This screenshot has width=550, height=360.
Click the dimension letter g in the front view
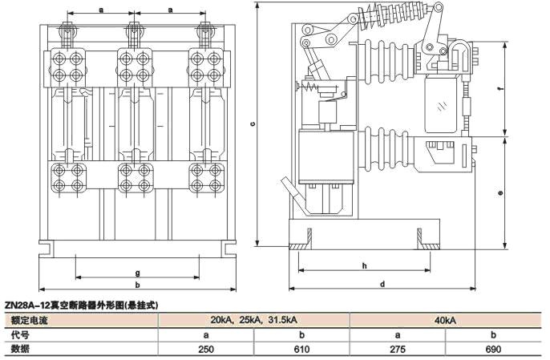[x=137, y=273]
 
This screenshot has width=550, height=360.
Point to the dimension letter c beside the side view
[x=252, y=124]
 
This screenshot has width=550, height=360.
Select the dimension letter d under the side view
[x=382, y=284]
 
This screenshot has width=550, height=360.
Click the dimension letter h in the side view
[x=364, y=265]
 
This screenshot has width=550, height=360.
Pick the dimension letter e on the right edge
[x=499, y=193]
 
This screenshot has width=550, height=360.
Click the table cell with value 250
[x=206, y=350]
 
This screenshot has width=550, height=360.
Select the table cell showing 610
[x=301, y=350]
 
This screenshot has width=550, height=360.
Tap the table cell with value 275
[x=398, y=350]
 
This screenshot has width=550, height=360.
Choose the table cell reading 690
[x=494, y=350]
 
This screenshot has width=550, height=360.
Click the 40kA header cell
[x=446, y=321]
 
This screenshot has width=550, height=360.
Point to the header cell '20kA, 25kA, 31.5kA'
[x=254, y=321]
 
